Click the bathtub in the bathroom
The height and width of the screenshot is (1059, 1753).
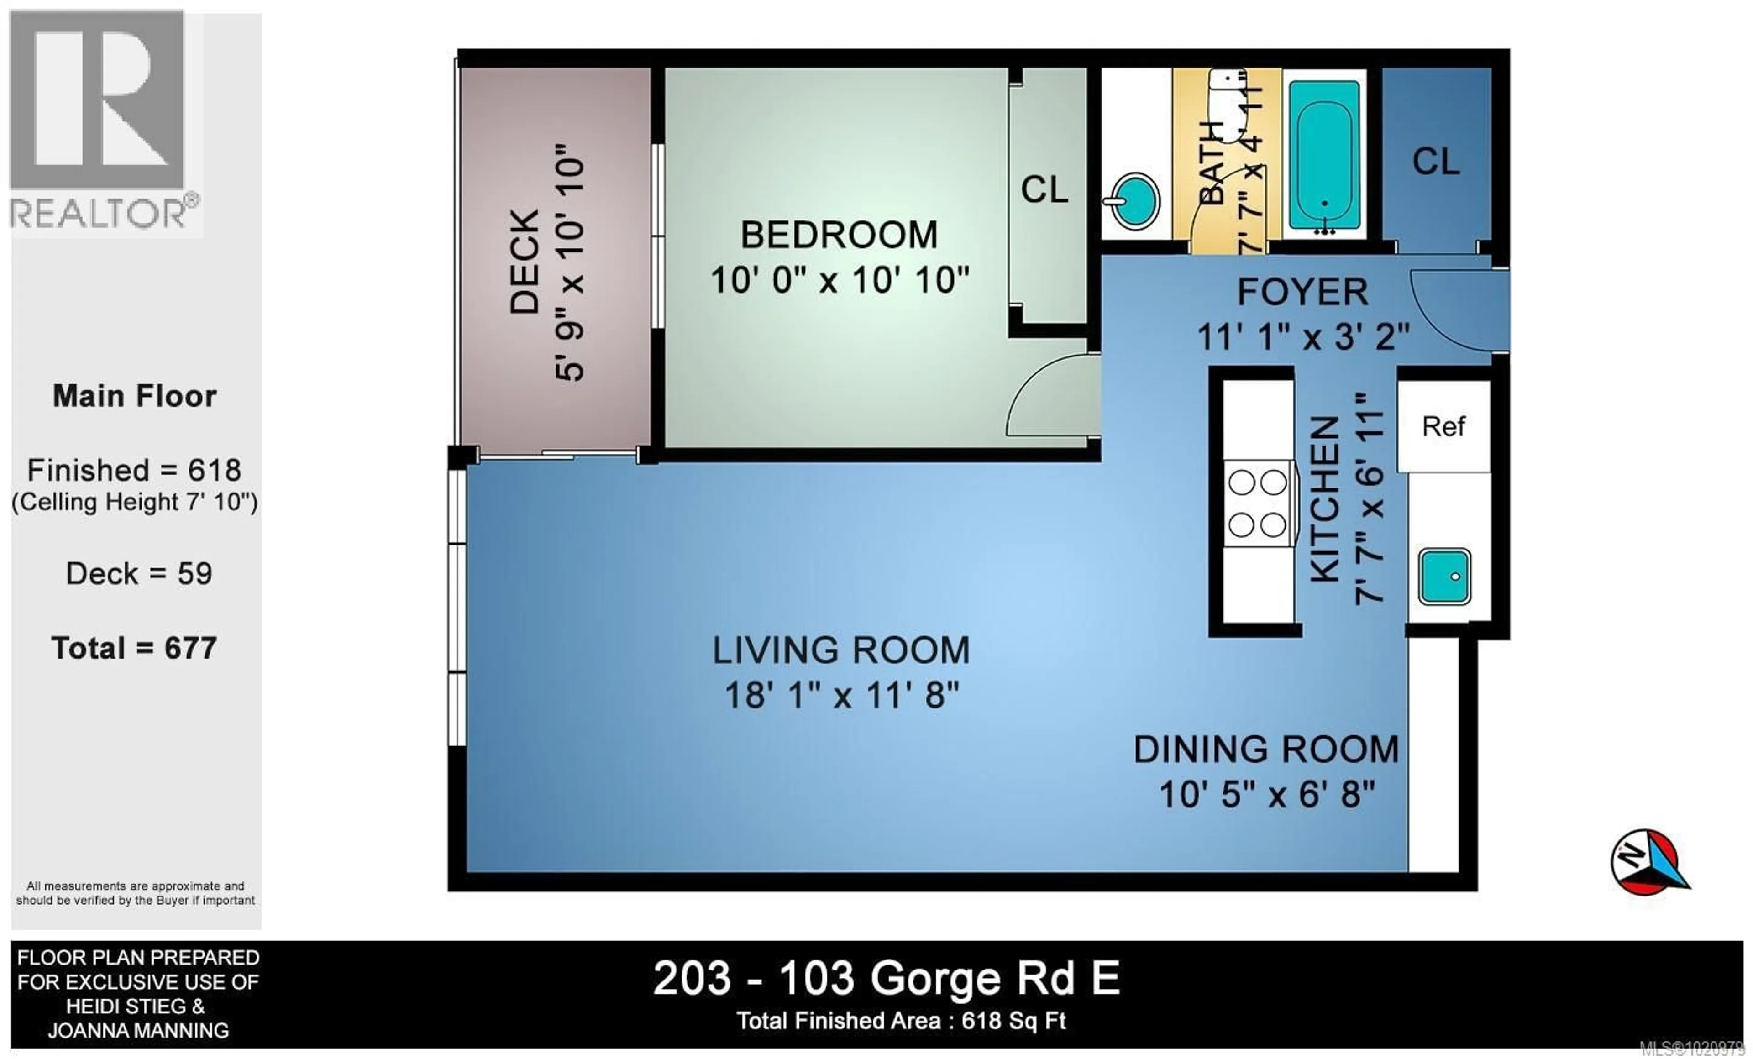[1323, 155]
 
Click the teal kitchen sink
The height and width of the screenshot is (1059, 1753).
[1444, 576]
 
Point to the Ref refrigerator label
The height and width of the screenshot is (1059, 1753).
[1443, 426]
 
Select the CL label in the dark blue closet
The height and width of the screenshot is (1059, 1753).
[1436, 162]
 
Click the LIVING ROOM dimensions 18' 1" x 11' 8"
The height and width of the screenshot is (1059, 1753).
[842, 695]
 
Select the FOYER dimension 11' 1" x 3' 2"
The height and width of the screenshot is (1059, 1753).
[1303, 336]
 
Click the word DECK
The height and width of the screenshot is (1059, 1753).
[525, 261]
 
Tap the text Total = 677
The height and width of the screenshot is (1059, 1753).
[135, 648]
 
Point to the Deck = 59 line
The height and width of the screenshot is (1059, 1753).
[139, 573]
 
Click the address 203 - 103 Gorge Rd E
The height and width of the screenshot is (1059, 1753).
[886, 979]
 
